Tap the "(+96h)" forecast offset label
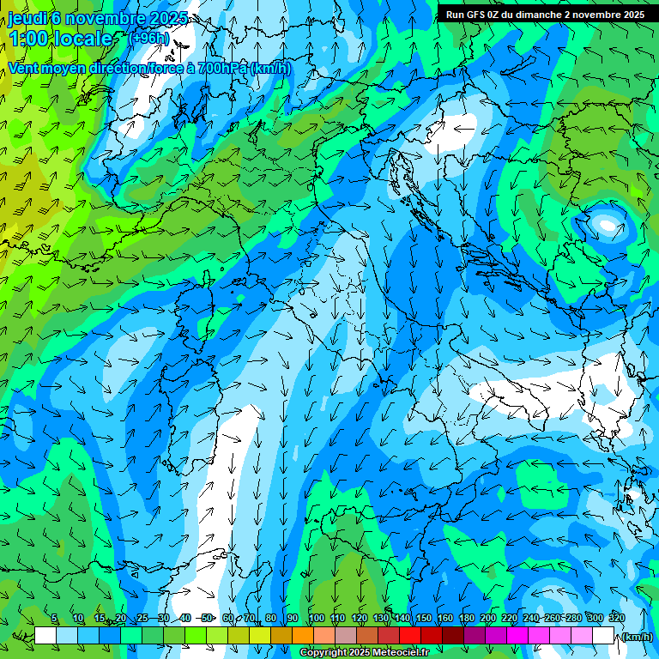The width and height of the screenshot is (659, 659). (148, 38)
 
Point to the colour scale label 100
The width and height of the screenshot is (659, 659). (316, 618)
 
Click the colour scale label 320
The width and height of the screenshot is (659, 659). (616, 618)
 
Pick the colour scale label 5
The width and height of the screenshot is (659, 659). (54, 618)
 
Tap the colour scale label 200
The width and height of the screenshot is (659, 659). (487, 618)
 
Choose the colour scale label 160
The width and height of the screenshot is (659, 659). (444, 618)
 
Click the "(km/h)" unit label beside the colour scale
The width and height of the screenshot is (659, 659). (637, 637)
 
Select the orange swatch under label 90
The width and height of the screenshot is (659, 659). (303, 636)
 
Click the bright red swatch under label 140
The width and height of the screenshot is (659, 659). (410, 636)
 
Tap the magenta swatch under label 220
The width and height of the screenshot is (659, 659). (517, 636)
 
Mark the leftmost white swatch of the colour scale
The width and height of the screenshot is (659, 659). (45, 636)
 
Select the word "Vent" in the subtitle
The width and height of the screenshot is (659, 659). (24, 68)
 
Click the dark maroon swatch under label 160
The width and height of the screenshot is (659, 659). (453, 636)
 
